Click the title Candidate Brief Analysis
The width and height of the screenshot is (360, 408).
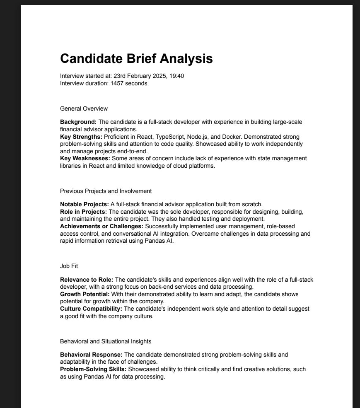(x=136, y=58)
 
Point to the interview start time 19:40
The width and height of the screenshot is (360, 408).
(x=177, y=76)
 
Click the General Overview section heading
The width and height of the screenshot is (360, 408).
(x=84, y=109)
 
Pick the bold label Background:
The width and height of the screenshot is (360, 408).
(x=78, y=122)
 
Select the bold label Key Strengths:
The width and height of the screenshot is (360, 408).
(x=81, y=137)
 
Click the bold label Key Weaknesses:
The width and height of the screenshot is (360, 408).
(x=85, y=158)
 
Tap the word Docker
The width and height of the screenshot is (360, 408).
(x=232, y=137)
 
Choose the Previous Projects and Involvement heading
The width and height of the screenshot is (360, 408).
(x=106, y=191)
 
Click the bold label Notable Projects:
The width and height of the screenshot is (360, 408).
(x=85, y=204)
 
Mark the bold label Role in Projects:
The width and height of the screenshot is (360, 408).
(x=83, y=212)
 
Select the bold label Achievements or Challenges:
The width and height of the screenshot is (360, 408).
(x=101, y=226)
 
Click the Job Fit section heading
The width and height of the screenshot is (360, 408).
(x=69, y=266)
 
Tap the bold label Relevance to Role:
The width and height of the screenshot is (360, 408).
(x=87, y=280)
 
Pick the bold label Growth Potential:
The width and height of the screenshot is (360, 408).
(x=85, y=294)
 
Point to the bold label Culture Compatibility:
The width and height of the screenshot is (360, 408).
(x=91, y=309)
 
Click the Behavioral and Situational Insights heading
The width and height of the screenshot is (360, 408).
(x=106, y=341)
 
